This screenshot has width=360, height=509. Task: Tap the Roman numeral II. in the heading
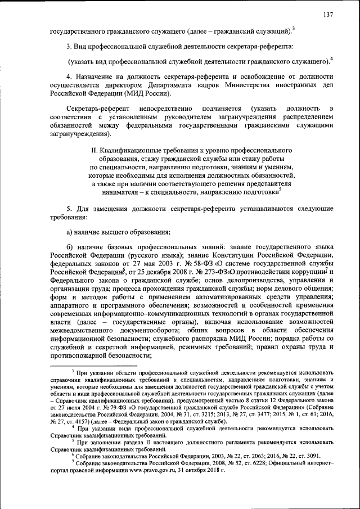tap(95, 151)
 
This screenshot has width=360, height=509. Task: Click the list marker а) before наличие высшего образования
tap(70, 232)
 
